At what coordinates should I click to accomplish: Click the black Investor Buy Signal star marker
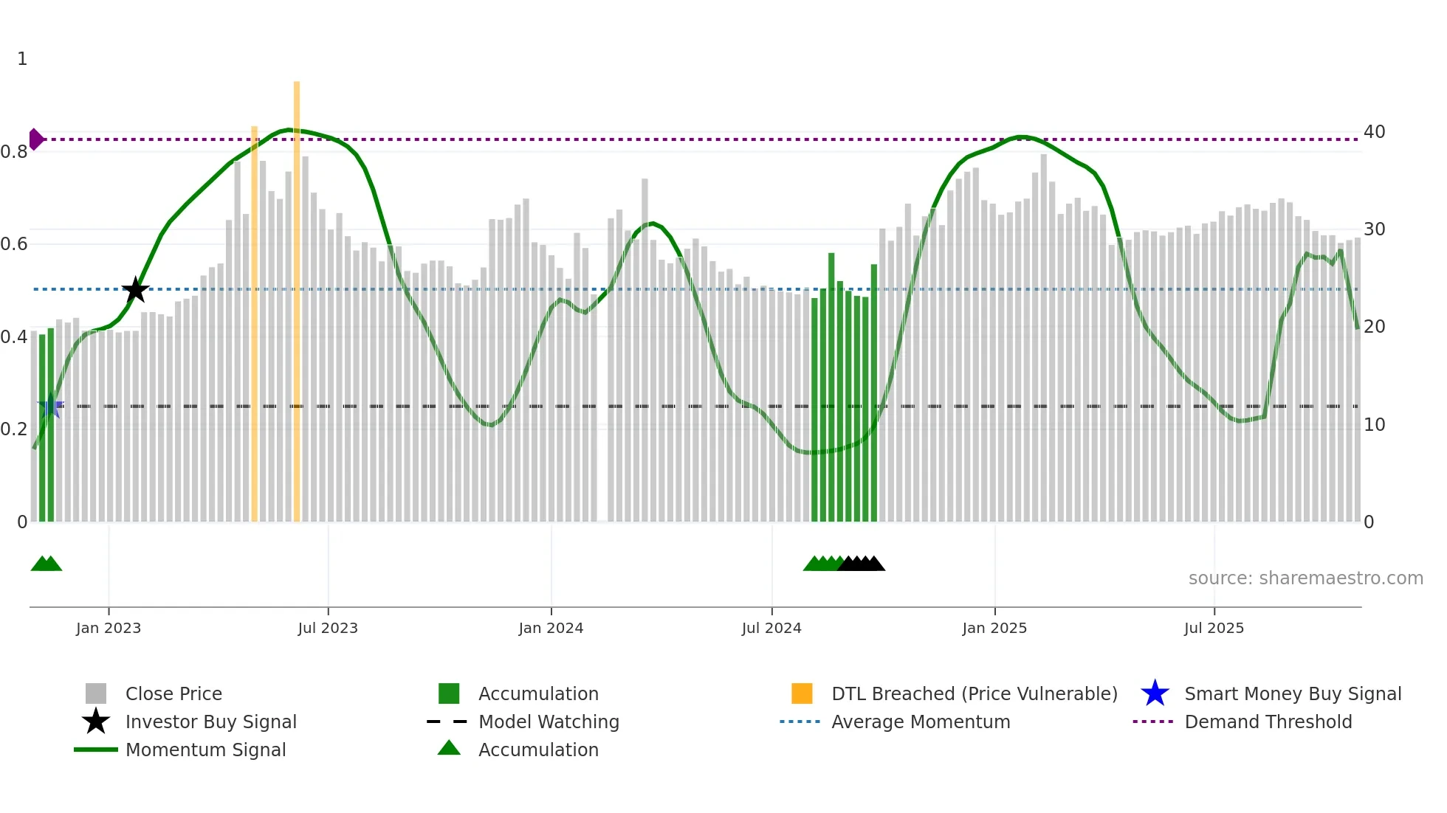click(135, 290)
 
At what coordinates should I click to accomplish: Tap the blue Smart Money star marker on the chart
click(50, 406)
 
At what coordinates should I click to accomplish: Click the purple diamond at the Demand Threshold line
click(35, 139)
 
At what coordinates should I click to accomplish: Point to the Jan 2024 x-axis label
click(551, 629)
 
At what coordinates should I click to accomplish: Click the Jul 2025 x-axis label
click(1214, 629)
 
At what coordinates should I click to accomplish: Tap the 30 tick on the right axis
click(1374, 229)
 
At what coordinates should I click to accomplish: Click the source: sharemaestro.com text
click(1305, 578)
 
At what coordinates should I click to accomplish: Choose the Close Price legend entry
click(173, 694)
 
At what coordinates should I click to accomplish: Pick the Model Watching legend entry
click(549, 722)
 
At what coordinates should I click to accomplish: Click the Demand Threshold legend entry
click(1268, 722)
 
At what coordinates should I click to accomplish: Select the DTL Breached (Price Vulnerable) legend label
click(974, 694)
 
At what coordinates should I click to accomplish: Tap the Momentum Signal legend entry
click(205, 750)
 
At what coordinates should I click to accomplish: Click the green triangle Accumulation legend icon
click(449, 748)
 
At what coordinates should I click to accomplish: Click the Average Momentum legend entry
click(920, 722)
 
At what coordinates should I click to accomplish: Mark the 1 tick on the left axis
click(22, 59)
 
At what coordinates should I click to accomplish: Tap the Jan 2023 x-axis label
click(109, 629)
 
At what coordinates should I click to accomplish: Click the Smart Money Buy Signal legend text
click(1292, 694)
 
